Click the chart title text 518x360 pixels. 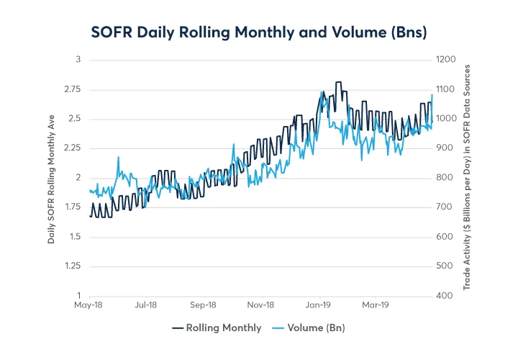point(258,32)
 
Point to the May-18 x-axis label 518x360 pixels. point(89,305)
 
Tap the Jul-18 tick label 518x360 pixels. point(146,305)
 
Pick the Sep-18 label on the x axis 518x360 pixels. point(204,305)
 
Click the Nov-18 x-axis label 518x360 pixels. point(260,305)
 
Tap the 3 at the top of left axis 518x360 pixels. point(78,60)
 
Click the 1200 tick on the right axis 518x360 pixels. point(445,60)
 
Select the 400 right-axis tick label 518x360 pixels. point(443,296)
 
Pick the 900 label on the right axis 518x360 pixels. point(443,148)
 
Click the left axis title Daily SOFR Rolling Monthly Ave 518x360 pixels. point(52,177)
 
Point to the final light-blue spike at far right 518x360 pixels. point(432,96)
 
